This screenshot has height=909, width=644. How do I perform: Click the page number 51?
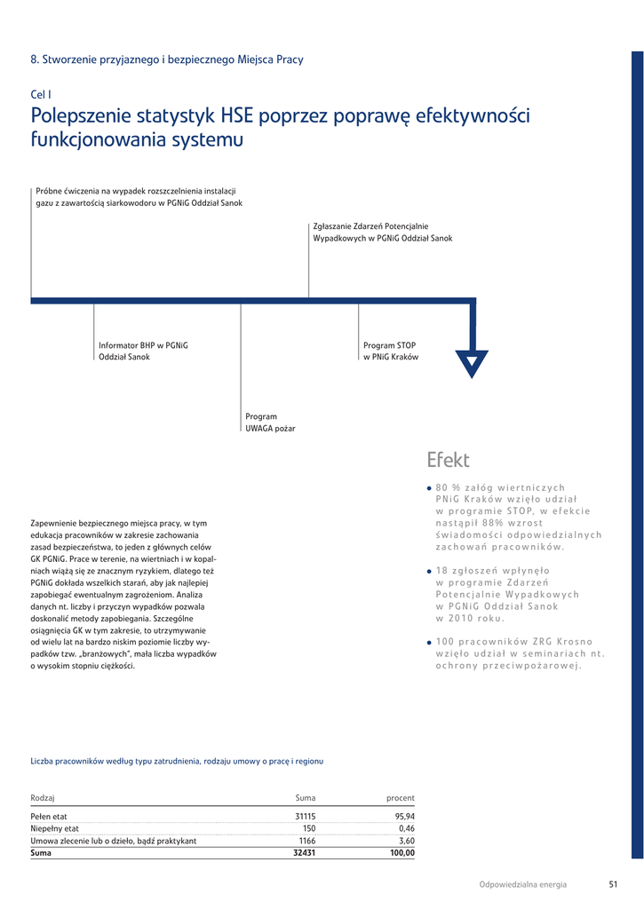613,884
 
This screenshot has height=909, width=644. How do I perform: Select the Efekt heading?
448,460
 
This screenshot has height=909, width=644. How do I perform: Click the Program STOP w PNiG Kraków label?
391,351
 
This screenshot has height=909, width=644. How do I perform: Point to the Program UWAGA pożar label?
270,423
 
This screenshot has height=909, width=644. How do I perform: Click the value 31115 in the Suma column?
305,816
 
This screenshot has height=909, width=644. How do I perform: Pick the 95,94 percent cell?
404,816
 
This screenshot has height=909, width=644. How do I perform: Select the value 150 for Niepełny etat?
309,828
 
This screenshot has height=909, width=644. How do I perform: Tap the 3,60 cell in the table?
407,841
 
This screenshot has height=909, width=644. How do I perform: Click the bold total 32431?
305,853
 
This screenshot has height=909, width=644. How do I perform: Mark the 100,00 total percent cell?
402,853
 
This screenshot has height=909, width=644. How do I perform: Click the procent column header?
401,798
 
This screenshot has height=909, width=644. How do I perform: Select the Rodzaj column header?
43,798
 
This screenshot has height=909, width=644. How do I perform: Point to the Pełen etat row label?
49,816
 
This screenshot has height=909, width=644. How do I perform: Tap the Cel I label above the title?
41,94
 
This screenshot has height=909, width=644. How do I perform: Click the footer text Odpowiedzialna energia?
522,884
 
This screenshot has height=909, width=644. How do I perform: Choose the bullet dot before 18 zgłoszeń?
429,572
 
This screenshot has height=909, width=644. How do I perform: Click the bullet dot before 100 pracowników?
429,642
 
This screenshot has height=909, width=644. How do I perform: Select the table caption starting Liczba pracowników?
177,761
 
